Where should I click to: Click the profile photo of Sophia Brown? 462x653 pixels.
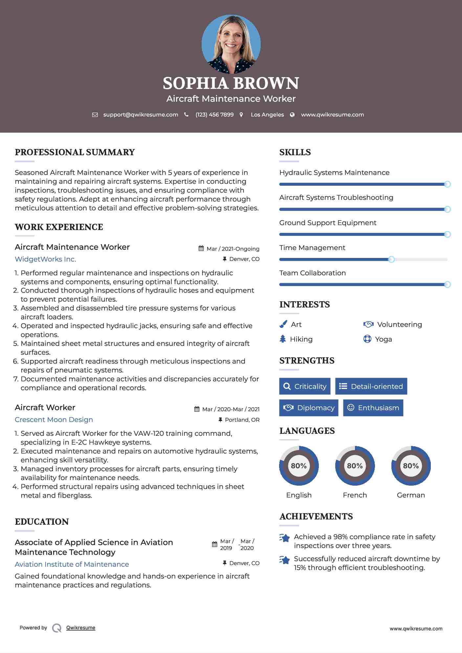pos(231,44)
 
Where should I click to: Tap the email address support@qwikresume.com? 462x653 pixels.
pos(141,115)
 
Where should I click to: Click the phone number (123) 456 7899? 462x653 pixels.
pos(214,115)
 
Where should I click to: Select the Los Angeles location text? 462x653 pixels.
pos(267,115)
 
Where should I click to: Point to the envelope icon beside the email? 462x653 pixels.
pos(95,115)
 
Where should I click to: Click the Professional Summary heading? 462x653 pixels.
pos(75,152)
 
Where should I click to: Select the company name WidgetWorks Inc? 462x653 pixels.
pos(45,259)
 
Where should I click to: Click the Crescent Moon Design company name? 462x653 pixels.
pos(54,420)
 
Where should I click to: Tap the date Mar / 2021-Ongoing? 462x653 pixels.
pos(233,249)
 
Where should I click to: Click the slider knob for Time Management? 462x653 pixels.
pos(391,260)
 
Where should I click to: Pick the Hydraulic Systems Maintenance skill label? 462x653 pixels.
pos(334,173)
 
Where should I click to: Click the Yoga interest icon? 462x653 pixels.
pos(367,339)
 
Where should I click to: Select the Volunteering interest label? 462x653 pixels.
pos(399,325)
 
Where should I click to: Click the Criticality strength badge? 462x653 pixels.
pos(305,386)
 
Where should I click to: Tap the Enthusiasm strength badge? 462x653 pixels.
pos(373,408)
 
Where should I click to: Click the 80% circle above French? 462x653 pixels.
pos(355,466)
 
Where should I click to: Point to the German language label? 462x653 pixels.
pos(411,495)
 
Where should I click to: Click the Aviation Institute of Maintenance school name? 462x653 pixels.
pos(72,564)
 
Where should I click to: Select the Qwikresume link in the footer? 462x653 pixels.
pos(81,628)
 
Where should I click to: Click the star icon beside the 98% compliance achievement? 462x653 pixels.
pos(285,538)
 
